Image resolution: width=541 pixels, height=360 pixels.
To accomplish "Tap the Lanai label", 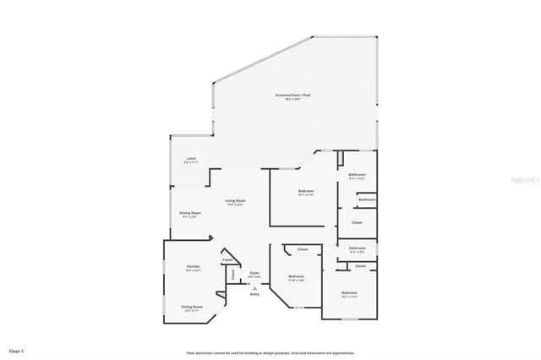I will [x=191, y=158].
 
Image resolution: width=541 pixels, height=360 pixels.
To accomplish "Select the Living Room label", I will [x=235, y=200].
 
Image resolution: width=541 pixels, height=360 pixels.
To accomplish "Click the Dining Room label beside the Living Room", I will [x=190, y=213].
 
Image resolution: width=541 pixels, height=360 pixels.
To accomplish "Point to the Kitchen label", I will [x=193, y=266].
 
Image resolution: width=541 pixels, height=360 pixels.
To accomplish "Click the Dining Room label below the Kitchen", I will [x=192, y=307].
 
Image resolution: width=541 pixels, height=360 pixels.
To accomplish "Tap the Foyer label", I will [x=254, y=272].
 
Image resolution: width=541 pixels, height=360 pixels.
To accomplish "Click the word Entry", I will [x=254, y=293].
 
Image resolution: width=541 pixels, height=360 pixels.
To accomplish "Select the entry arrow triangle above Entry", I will [x=254, y=287].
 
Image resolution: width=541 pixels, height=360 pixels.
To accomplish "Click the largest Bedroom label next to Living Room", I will [x=305, y=192].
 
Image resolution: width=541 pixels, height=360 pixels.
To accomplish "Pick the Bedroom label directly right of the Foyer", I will [x=296, y=277].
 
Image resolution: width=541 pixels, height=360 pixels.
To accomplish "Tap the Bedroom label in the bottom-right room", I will [x=349, y=292].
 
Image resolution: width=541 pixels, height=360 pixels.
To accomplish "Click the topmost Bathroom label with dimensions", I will [x=358, y=175].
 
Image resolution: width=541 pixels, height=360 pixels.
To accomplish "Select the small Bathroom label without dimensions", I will [x=367, y=199].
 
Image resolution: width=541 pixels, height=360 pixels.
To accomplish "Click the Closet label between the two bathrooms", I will [x=357, y=222].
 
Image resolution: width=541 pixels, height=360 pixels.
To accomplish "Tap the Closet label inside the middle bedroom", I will [x=302, y=249].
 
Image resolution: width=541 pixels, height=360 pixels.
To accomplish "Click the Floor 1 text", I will [x=17, y=350].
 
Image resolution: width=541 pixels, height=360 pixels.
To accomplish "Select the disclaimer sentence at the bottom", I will [x=270, y=352].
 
